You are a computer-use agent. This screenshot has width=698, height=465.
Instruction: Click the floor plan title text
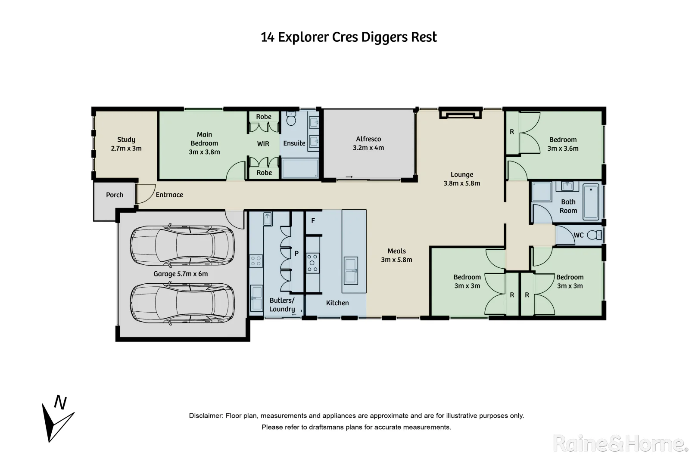(349, 37)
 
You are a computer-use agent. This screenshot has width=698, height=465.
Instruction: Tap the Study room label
(126, 144)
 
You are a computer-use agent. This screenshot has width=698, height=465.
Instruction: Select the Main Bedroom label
(204, 143)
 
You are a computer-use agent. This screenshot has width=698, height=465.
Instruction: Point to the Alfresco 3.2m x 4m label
(368, 143)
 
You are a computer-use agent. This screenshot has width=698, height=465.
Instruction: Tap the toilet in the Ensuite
(291, 118)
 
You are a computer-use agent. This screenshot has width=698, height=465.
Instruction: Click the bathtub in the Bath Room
(591, 202)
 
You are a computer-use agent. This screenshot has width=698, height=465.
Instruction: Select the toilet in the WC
(595, 235)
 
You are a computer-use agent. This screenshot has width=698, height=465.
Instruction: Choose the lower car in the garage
(182, 303)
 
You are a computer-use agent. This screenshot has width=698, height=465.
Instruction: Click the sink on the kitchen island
(351, 270)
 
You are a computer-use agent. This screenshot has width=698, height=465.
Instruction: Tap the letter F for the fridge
(313, 221)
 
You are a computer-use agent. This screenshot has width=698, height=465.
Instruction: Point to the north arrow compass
(58, 419)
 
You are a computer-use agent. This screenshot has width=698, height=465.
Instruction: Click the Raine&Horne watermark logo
(621, 443)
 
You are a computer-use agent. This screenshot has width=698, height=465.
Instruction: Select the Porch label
(115, 195)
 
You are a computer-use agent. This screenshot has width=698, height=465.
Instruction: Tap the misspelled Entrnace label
(169, 195)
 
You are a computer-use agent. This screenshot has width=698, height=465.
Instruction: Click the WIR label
(263, 144)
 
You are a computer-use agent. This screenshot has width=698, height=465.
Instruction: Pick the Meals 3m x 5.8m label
(397, 255)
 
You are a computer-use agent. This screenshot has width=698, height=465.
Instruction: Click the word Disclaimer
(206, 416)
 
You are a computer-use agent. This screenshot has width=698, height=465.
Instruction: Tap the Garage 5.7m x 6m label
(181, 274)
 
